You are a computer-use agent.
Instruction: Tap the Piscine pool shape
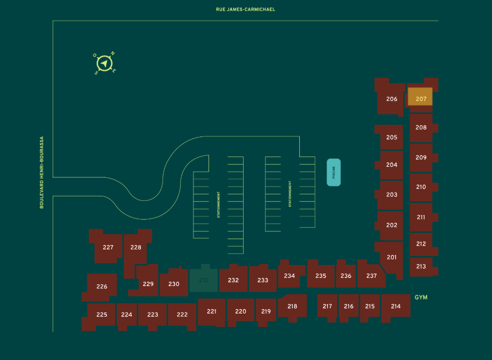334,172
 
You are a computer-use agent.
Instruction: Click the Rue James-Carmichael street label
245,9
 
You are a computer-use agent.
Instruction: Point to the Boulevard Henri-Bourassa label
42,172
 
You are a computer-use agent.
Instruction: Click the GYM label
421,297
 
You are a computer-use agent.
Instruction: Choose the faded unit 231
204,280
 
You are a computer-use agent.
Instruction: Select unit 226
102,287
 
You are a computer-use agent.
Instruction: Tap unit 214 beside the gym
396,306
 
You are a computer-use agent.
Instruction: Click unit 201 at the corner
392,257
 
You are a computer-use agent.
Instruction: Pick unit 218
292,306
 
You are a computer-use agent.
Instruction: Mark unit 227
108,247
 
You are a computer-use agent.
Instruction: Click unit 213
421,266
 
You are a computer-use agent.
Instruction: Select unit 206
392,99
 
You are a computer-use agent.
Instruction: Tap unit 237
371,276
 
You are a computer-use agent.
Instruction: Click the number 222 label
182,315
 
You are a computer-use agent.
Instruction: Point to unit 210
421,187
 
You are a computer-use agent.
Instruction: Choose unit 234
289,276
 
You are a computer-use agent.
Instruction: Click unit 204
392,165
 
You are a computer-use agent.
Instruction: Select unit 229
148,284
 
